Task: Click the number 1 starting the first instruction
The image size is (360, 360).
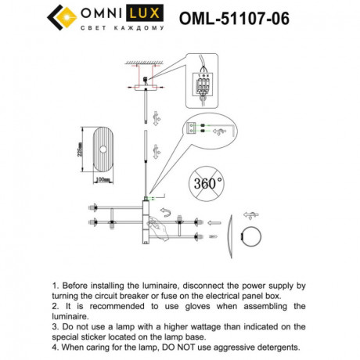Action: coord(54,287)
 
